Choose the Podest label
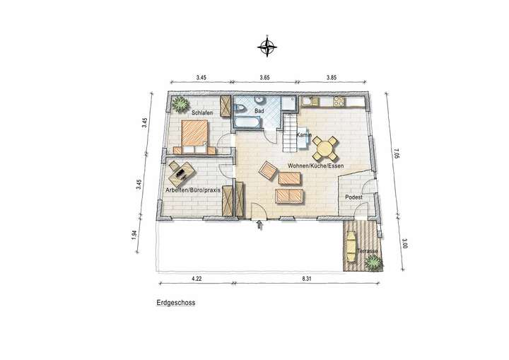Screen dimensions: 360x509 click(x=353, y=197)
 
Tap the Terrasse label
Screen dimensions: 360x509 click(x=368, y=252)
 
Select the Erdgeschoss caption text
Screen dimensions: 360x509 click(x=176, y=302)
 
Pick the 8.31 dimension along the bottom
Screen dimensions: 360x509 click(x=306, y=279)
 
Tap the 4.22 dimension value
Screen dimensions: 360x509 click(x=197, y=279)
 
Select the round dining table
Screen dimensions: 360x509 click(x=326, y=148)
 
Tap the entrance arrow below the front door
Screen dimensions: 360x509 click(x=259, y=226)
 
